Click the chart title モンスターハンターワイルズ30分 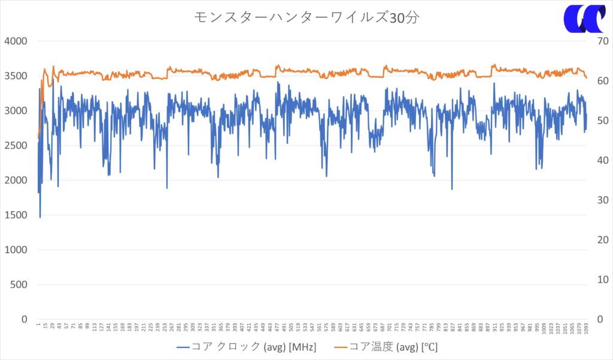point(306,17)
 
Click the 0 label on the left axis point(25,319)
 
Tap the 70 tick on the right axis point(601,41)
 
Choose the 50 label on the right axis point(601,120)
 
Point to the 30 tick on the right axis point(601,200)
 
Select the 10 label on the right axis point(601,280)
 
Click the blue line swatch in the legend point(183,346)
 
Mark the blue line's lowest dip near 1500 point(40,217)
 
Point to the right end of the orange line point(586,78)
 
